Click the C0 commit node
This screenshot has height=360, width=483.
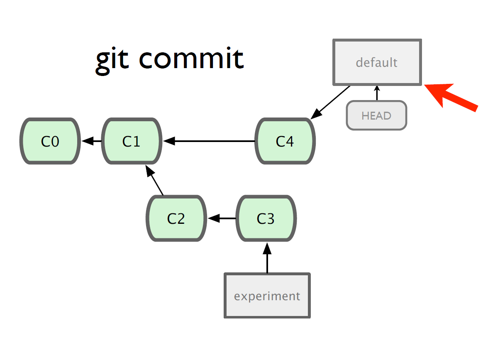(50, 141)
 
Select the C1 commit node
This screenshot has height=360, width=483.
(132, 141)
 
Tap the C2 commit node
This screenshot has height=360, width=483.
(176, 218)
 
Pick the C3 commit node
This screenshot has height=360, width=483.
(266, 218)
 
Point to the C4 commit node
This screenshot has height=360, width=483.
(285, 141)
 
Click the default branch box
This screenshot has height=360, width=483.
(377, 62)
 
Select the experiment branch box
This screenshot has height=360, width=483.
(267, 296)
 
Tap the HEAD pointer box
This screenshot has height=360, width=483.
(376, 115)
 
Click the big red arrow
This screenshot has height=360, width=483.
(451, 96)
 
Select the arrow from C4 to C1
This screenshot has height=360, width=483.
(209, 141)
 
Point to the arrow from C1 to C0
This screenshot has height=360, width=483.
(91, 141)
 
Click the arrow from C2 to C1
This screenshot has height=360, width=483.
(154, 180)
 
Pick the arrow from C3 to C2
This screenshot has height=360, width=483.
(222, 218)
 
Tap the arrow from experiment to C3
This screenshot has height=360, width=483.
(267, 258)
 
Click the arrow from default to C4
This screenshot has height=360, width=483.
(330, 102)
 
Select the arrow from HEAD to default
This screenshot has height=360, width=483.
(377, 93)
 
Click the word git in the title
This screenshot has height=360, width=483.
(112, 60)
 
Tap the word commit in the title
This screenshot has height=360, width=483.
(192, 58)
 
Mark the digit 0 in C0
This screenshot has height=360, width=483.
(55, 142)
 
